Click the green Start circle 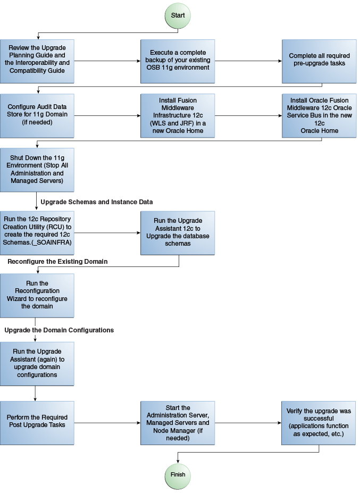tap(178, 15)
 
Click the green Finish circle tap(178, 474)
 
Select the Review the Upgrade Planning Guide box tap(37, 61)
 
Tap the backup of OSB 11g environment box tap(178, 61)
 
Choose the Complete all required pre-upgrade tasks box tap(319, 61)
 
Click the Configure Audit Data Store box tap(37, 115)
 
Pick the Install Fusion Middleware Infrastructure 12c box tap(178, 115)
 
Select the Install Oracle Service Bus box tap(319, 115)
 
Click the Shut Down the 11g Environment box tap(37, 170)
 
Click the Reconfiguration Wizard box tap(37, 295)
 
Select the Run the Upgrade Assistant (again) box tap(37, 363)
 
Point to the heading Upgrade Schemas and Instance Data tap(97, 202)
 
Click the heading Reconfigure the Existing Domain tap(57, 262)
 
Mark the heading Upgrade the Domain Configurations tap(59, 330)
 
